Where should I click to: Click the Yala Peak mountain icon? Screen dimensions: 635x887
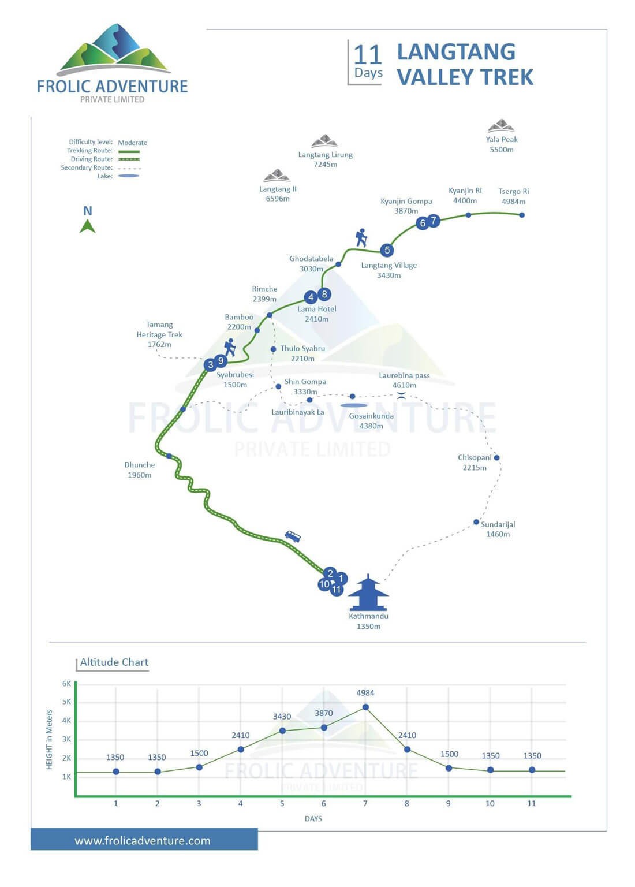tap(501, 125)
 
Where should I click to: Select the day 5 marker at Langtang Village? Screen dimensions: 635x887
tap(387, 250)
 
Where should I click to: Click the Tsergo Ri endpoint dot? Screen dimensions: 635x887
tap(522, 215)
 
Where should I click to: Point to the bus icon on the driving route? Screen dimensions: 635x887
tap(293, 536)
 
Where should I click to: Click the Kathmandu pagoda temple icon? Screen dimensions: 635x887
tap(368, 592)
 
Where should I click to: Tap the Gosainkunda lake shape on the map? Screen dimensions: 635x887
tap(353, 405)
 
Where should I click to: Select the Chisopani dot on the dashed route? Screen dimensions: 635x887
tap(496, 458)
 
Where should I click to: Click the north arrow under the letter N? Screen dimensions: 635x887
tap(88, 227)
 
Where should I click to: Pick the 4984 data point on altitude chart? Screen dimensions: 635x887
tap(365, 707)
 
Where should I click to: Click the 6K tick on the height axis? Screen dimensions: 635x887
tap(66, 684)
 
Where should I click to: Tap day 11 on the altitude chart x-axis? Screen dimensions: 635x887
tap(531, 803)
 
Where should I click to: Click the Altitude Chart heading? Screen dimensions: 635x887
tap(114, 662)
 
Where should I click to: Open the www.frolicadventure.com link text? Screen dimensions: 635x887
tap(143, 841)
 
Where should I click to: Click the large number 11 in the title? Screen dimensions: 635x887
tap(368, 55)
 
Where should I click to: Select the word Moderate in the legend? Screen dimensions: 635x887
tap(133, 143)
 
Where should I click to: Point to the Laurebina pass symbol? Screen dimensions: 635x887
tap(401, 395)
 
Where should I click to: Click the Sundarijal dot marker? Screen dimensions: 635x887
tap(476, 522)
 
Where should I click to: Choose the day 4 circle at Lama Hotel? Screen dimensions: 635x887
tap(311, 297)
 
